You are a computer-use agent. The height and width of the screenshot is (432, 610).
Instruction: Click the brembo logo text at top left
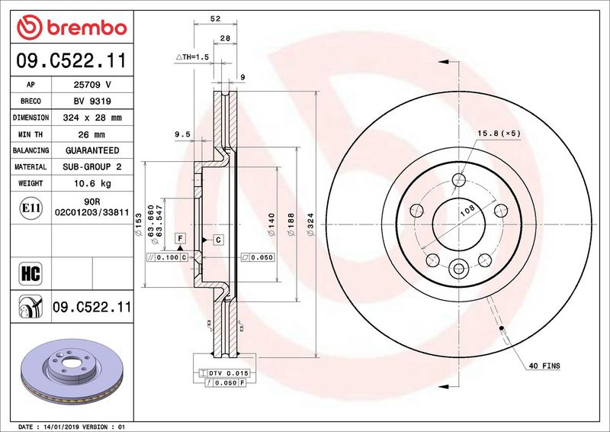[87, 28]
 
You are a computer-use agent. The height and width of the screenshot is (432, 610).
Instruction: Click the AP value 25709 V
[92, 85]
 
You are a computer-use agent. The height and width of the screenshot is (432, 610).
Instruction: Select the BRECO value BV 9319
[92, 102]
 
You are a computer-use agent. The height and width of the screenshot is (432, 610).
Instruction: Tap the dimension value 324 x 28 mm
[92, 118]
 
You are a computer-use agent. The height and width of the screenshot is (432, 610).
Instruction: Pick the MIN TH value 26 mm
[91, 135]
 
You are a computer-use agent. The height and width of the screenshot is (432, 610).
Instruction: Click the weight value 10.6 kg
[92, 183]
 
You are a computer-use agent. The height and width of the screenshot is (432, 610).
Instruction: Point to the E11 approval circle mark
[30, 208]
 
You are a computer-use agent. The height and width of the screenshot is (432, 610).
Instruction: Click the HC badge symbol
[30, 273]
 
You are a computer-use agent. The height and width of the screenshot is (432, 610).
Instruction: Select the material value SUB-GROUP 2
[92, 166]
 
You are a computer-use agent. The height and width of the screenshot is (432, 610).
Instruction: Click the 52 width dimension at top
[215, 18]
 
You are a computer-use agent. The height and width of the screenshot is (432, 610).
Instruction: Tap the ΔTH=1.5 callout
[192, 57]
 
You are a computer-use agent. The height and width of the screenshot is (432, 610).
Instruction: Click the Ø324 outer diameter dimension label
[310, 224]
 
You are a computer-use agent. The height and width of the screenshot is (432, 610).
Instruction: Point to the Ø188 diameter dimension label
[291, 224]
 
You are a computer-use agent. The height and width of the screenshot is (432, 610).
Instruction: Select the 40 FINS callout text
[544, 366]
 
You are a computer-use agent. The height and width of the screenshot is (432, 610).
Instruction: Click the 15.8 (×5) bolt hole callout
[499, 134]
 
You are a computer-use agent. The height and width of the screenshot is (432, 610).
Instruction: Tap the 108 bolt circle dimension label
[467, 211]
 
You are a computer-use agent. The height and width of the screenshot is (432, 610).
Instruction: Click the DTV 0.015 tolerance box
[223, 373]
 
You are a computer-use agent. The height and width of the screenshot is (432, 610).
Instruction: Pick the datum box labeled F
[180, 238]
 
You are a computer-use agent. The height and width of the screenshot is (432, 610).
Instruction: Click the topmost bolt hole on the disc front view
[459, 180]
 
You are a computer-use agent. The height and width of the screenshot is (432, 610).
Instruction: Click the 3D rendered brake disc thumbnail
[72, 371]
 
